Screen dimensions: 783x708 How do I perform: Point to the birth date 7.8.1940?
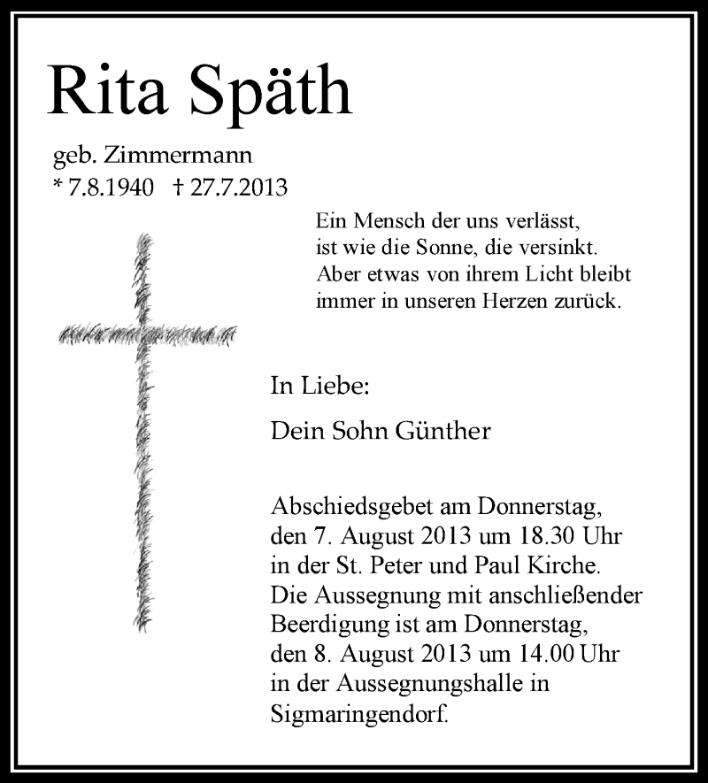[114, 188]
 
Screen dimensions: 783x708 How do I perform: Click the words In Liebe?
[319, 386]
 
